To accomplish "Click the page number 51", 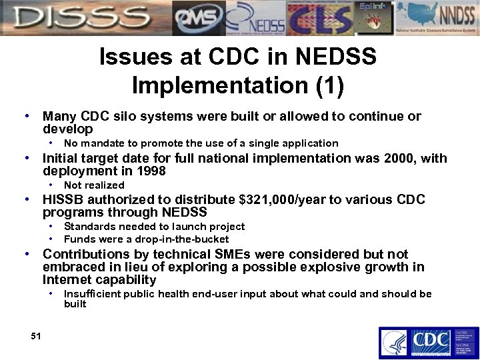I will click(x=36, y=336).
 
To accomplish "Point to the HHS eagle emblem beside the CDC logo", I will click(x=394, y=343).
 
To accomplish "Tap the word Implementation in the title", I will click(x=223, y=85).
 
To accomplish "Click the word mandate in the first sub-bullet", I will click(x=100, y=143).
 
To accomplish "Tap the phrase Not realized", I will click(x=94, y=185).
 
